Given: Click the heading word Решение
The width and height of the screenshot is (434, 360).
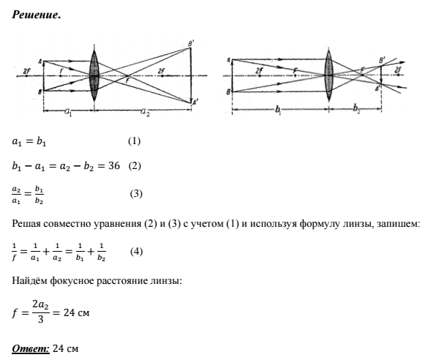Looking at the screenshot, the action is [37, 15].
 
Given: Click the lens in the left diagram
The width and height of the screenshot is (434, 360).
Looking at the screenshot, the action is [94, 75].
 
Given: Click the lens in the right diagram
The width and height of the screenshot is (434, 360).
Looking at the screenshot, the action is [329, 75].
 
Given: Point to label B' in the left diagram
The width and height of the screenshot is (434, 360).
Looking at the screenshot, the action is [191, 43].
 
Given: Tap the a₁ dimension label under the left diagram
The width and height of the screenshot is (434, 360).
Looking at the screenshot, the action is [68, 112].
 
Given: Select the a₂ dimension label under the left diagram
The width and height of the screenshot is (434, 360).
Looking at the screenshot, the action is [145, 112].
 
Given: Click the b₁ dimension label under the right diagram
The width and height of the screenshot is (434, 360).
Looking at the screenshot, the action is [278, 110].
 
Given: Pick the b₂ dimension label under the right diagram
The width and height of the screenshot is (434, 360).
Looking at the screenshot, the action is [356, 109].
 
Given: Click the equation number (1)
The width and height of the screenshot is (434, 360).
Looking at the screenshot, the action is [134, 141].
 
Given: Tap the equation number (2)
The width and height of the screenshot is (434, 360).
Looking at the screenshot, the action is [135, 166].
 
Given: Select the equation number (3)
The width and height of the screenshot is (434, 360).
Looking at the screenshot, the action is [136, 194].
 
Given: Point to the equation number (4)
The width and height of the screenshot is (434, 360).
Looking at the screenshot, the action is [136, 252].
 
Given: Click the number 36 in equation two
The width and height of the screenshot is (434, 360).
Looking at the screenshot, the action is [114, 166].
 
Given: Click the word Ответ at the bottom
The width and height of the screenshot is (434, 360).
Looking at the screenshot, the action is [31, 348].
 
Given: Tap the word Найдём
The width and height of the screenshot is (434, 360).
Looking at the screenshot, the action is [29, 280].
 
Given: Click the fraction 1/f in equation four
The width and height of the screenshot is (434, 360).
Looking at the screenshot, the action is [15, 252].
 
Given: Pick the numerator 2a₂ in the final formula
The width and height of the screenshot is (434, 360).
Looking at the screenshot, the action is [41, 305].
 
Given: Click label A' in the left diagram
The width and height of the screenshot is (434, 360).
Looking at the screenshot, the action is [195, 102].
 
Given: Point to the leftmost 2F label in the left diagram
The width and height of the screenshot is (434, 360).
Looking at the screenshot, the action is [26, 71].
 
